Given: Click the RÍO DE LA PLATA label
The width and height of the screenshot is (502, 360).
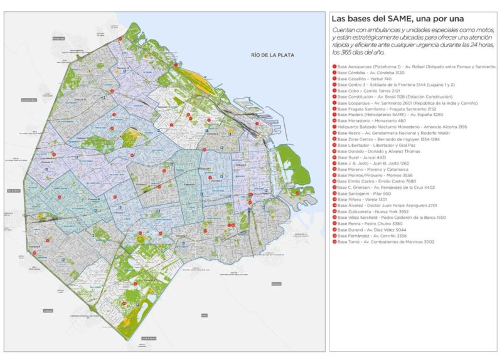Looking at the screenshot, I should pyautogui.click(x=269, y=55).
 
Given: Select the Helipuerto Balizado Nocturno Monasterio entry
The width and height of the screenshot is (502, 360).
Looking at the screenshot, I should pyautogui.click(x=402, y=127).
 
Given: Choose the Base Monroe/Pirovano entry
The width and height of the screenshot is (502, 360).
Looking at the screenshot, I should pyautogui.click(x=376, y=175).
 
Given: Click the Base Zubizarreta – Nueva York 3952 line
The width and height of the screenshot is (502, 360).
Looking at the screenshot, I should pyautogui.click(x=377, y=211).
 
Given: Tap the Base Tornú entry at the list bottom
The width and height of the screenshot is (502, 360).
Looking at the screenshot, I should pyautogui.click(x=386, y=241).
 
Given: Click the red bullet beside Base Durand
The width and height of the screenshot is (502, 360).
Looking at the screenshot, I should pyautogui.click(x=334, y=230).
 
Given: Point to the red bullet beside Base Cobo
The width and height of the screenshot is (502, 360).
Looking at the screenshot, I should pyautogui.click(x=334, y=91).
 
